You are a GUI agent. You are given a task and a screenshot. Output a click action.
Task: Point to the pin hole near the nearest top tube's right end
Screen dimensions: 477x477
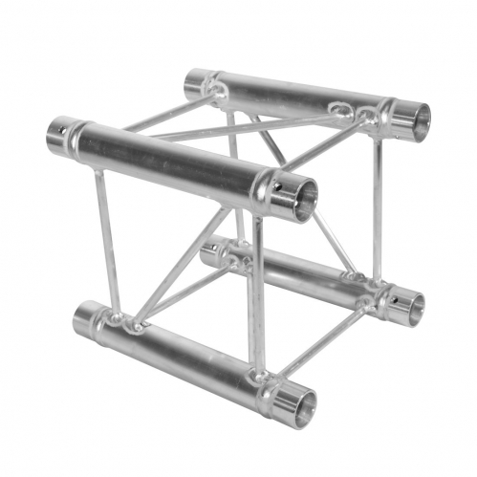(x=277, y=185)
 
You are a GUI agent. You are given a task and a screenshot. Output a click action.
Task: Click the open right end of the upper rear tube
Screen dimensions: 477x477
(x=414, y=119)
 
